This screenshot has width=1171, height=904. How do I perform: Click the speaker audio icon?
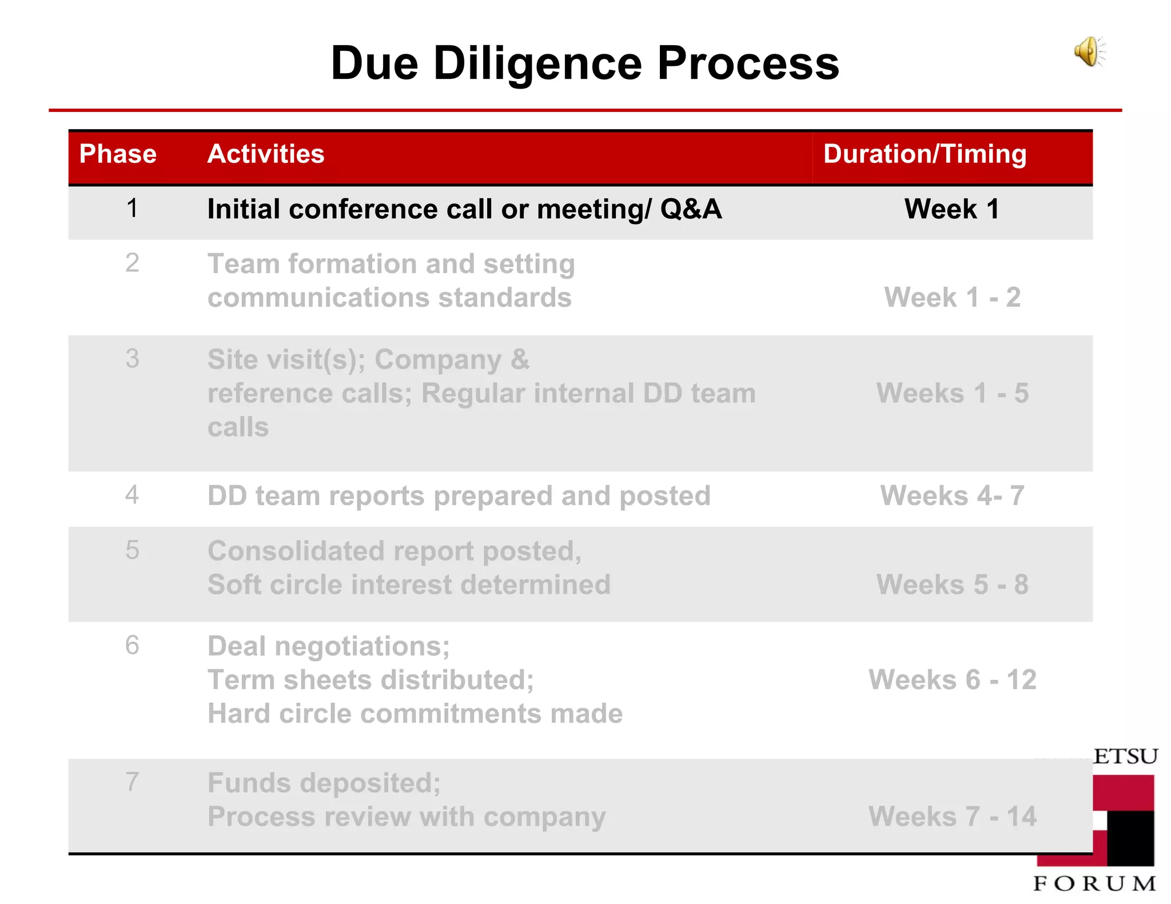pos(1089,52)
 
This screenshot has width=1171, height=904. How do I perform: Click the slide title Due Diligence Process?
pos(584,63)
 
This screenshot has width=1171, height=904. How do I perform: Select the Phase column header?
pos(118,154)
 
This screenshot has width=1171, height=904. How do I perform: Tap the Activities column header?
pos(266,154)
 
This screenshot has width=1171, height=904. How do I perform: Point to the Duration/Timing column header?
pos(925,154)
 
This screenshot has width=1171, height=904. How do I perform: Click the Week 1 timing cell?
pos(951,209)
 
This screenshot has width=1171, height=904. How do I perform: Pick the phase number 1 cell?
pos(132,208)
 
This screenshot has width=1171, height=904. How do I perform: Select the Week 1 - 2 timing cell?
pos(952,297)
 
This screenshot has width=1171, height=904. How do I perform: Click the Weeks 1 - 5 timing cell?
pos(952,393)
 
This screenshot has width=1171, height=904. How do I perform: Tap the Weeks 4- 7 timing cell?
pos(952,495)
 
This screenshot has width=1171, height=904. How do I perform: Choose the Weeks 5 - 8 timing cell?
pos(952,585)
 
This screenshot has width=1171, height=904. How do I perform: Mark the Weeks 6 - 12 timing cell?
pos(952,680)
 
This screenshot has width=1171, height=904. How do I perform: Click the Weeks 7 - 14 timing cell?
pos(952,817)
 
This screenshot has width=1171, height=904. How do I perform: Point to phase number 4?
pos(132,495)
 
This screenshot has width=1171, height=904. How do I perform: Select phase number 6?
pos(132,646)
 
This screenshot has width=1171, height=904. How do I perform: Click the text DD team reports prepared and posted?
pos(459,495)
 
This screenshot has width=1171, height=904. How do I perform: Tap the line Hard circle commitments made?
pos(415,714)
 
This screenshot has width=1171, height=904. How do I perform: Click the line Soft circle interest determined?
pos(409,585)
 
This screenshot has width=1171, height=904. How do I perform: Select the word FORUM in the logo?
pos(1094,883)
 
